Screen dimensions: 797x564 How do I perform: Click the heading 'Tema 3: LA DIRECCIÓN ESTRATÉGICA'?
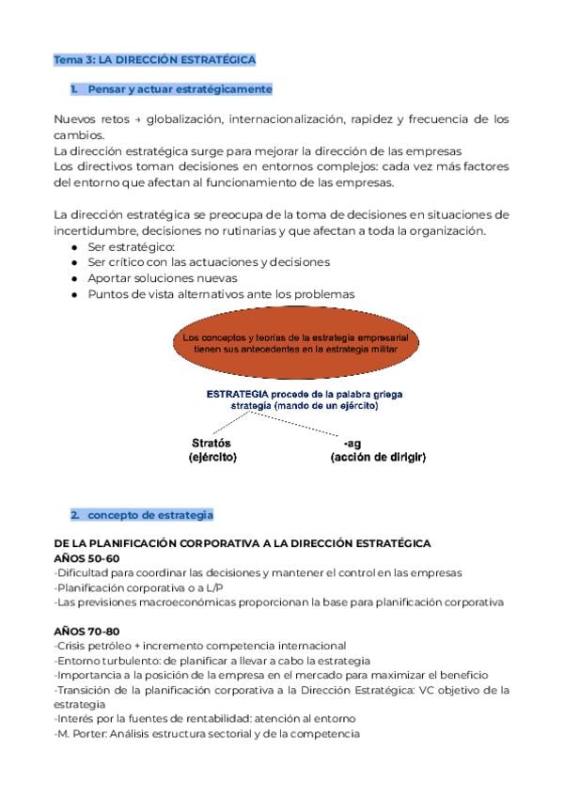[154, 59]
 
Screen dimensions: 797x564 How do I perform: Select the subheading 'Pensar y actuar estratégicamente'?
[179, 89]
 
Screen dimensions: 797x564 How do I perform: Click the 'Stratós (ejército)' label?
[212, 450]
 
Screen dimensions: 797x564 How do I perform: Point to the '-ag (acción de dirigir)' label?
[378, 450]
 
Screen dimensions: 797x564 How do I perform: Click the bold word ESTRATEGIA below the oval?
[237, 394]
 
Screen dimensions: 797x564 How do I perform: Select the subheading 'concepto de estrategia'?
[150, 515]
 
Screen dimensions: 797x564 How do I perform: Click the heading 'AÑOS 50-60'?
[86, 558]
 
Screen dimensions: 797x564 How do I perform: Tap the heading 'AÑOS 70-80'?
[86, 631]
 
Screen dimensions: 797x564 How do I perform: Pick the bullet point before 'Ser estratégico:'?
[74, 246]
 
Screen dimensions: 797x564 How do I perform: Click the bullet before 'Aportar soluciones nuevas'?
[74, 278]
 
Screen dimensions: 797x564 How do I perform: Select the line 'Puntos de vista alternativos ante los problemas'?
[221, 294]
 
